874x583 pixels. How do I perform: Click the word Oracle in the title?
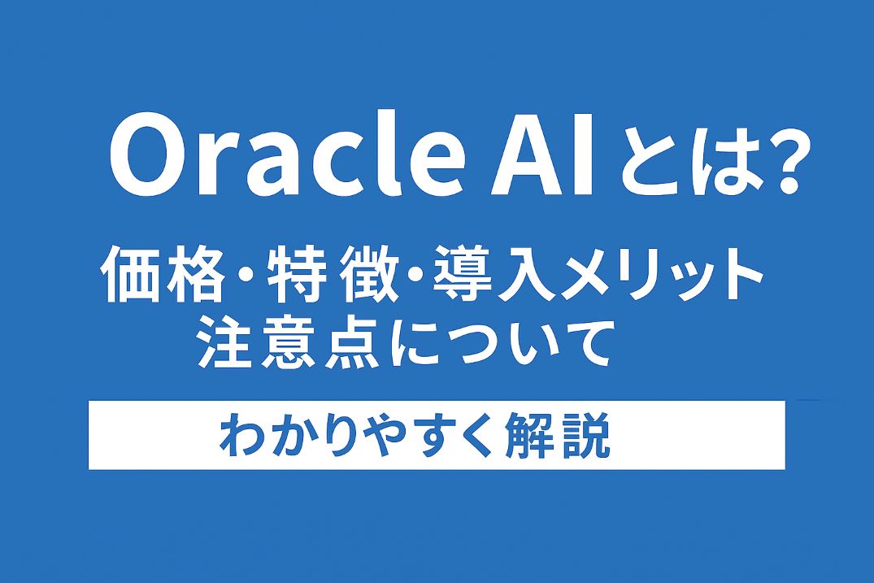click(x=286, y=154)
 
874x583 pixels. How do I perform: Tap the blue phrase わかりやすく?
click(x=357, y=435)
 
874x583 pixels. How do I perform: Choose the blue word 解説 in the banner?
click(x=559, y=435)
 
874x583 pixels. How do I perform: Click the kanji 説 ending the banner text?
click(x=586, y=435)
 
